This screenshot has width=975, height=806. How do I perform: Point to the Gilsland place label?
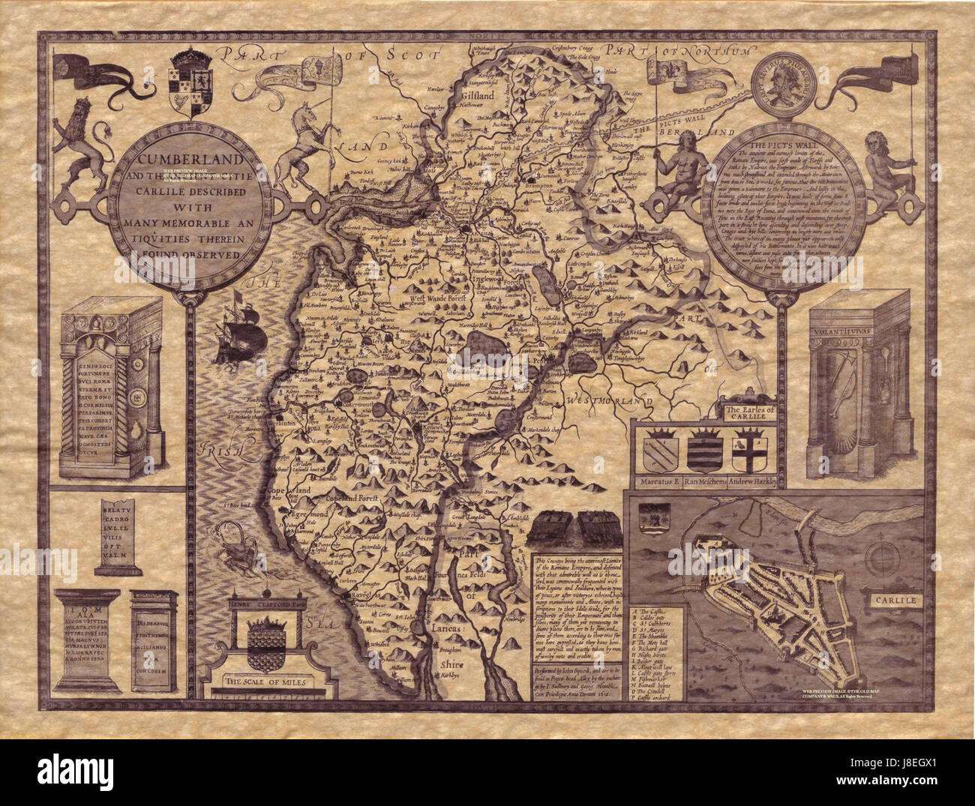tap(477, 97)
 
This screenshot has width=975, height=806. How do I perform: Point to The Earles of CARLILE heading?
tap(744, 412)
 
